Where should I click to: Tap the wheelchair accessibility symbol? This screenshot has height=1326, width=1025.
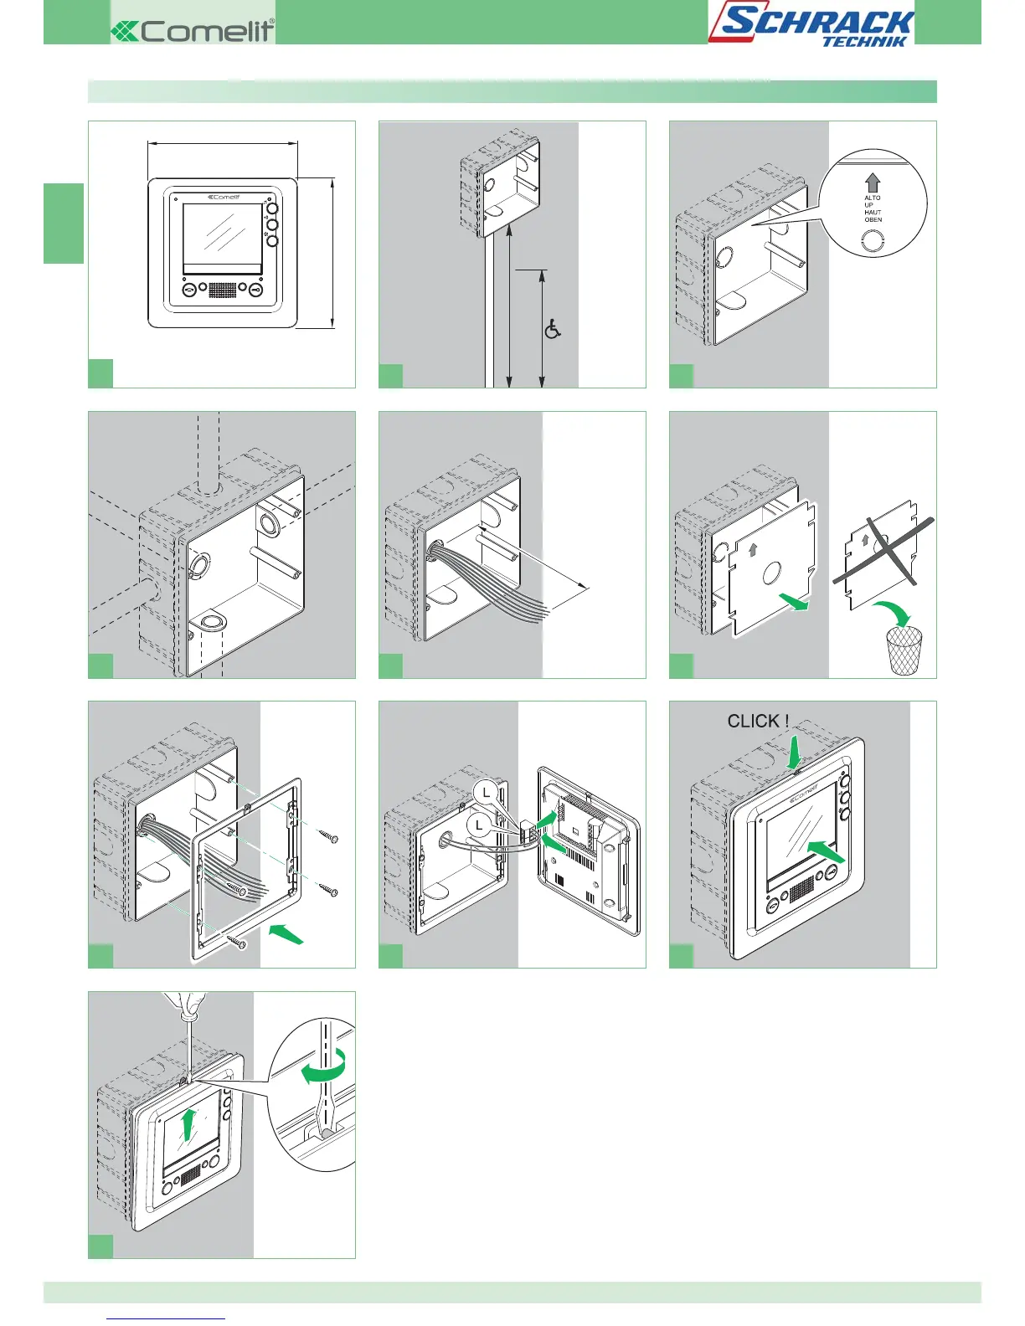pyautogui.click(x=553, y=329)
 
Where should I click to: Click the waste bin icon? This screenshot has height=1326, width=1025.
pyautogui.click(x=904, y=650)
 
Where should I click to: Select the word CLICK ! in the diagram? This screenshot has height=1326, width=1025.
pyautogui.click(x=758, y=722)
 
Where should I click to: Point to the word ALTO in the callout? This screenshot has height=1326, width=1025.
pyautogui.click(x=873, y=198)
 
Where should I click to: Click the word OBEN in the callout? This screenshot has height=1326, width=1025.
pyautogui.click(x=873, y=220)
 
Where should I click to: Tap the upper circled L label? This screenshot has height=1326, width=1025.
pyautogui.click(x=487, y=793)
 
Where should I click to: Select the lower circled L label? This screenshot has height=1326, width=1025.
pyautogui.click(x=479, y=825)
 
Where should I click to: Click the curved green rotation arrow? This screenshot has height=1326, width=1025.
pyautogui.click(x=325, y=1067)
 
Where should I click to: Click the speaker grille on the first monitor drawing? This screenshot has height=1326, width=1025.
pyautogui.click(x=222, y=290)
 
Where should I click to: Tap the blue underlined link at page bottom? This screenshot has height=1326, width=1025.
pyautogui.click(x=166, y=1318)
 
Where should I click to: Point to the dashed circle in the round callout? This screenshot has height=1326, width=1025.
pyautogui.click(x=873, y=242)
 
